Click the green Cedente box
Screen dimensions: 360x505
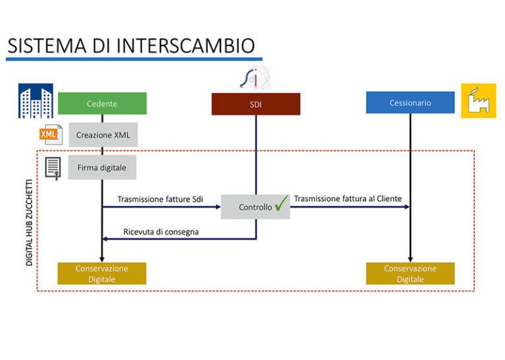pyautogui.click(x=102, y=103)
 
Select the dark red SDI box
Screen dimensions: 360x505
pyautogui.click(x=255, y=104)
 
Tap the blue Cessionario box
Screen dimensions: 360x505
pyautogui.click(x=410, y=102)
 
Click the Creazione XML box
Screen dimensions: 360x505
pyautogui.click(x=103, y=135)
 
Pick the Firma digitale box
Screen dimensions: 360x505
pyautogui.click(x=102, y=168)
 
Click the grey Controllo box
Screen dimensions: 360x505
pyautogui.click(x=254, y=207)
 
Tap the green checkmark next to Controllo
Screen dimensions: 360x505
pyautogui.click(x=281, y=206)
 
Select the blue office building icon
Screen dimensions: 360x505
pyautogui.click(x=36, y=101)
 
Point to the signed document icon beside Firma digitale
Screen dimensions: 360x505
pyautogui.click(x=53, y=168)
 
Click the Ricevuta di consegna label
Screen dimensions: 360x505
pyautogui.click(x=160, y=231)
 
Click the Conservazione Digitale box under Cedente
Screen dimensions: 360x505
pyautogui.click(x=102, y=273)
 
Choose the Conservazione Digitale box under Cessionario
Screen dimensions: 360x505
pyautogui.click(x=410, y=273)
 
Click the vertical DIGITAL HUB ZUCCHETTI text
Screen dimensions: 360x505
pyautogui.click(x=30, y=217)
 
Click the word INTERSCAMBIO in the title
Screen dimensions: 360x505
pyautogui.click(x=185, y=45)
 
